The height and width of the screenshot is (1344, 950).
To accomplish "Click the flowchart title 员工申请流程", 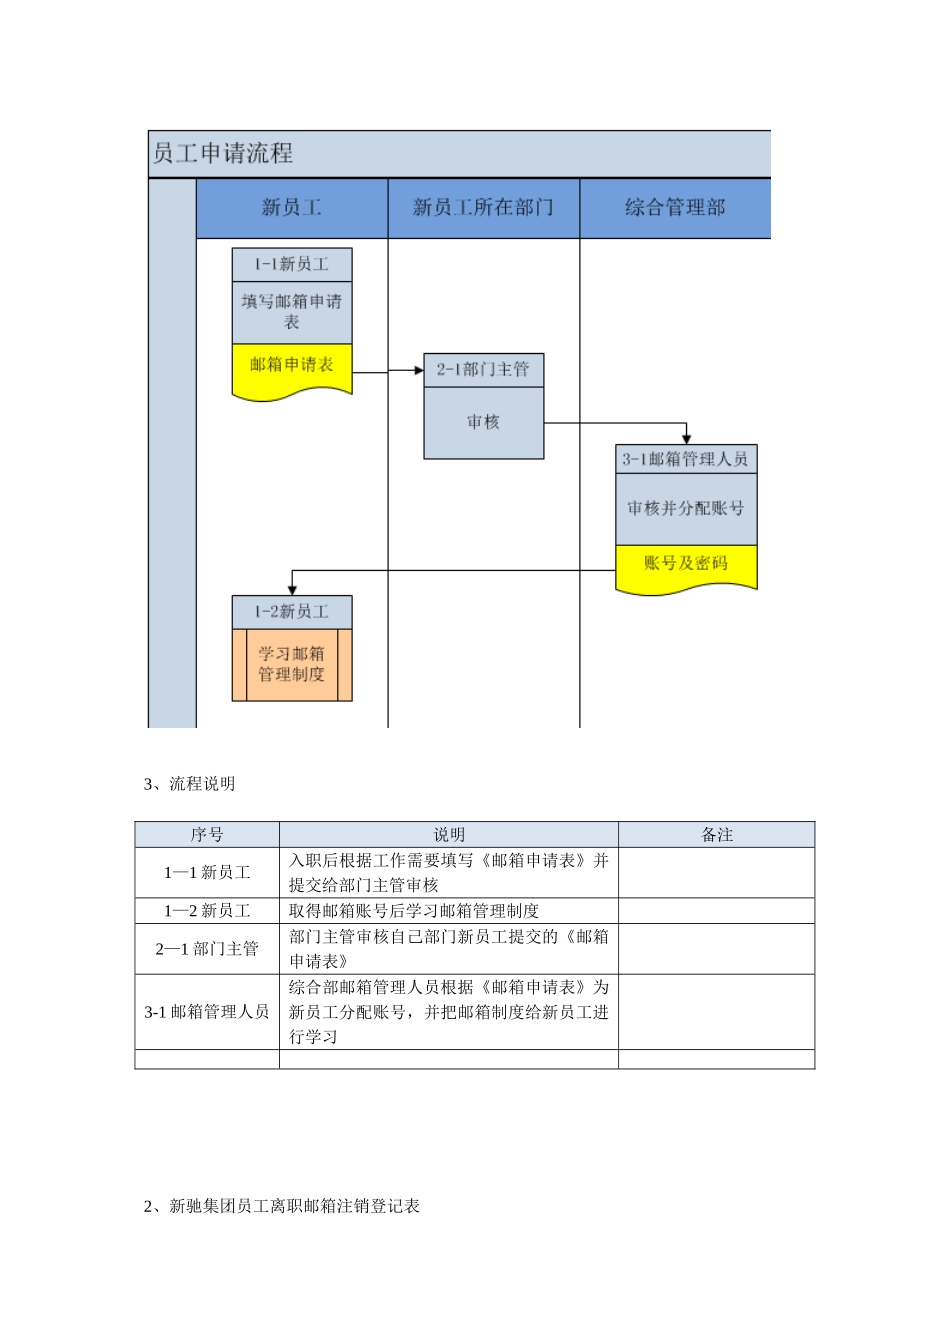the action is [223, 154].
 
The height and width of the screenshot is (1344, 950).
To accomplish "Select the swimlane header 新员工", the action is [291, 208].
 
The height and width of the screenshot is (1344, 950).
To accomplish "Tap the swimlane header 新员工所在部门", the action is [483, 208].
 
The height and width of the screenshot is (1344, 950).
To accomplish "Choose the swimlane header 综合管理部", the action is [675, 208].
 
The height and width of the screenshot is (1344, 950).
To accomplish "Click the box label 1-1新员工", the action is [291, 264].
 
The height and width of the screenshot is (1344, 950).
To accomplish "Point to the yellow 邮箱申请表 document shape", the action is [291, 368].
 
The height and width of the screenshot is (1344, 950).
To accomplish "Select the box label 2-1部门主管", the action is [483, 369].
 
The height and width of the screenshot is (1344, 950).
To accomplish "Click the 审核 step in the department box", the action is [483, 423].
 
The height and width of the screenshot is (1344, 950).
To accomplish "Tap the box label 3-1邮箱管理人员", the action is [685, 459].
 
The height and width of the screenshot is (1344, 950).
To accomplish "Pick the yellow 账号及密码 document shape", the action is [685, 565].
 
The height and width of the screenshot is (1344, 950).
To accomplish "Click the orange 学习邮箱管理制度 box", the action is [291, 664].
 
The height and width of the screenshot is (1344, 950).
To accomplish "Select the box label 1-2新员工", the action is [291, 611].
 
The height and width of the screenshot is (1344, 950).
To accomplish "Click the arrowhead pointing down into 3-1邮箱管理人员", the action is [686, 439].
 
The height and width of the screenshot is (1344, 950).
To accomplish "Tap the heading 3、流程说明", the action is [190, 784].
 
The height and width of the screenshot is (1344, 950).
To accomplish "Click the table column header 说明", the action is [448, 835].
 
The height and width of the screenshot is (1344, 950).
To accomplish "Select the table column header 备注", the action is [716, 835].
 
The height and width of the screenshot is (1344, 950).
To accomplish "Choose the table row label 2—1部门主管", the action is [207, 949].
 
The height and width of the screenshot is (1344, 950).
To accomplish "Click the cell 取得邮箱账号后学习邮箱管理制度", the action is [414, 911].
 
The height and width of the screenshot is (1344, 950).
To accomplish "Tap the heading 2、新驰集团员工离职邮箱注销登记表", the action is [282, 1206].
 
